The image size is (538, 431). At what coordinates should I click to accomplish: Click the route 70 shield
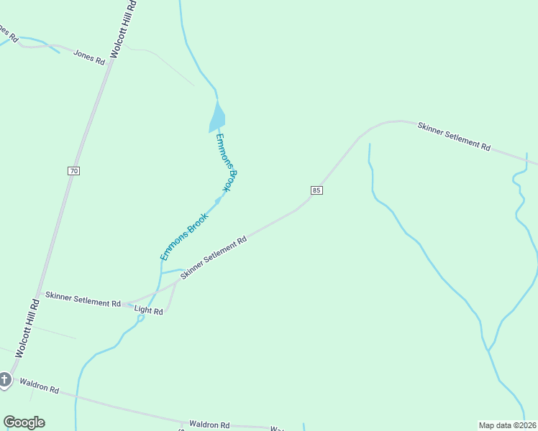[74, 171]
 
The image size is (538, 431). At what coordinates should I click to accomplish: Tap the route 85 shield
[317, 190]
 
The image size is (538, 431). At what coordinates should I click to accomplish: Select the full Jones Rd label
[89, 57]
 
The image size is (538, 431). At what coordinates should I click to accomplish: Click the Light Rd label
[149, 311]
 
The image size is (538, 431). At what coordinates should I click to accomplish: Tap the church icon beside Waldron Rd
[5, 379]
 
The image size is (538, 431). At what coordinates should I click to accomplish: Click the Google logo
[24, 422]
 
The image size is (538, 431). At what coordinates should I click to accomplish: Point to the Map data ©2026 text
[508, 425]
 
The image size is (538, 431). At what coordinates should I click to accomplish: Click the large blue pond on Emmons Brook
[217, 117]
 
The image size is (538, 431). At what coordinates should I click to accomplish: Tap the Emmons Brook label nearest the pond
[225, 162]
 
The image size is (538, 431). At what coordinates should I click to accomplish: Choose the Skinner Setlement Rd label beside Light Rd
[83, 299]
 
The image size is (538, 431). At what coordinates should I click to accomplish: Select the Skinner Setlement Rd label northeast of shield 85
[454, 136]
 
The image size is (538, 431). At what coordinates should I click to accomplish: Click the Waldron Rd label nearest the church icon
[39, 387]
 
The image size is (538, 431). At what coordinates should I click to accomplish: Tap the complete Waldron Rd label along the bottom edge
[209, 425]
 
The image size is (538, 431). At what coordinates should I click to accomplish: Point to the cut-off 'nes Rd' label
[7, 33]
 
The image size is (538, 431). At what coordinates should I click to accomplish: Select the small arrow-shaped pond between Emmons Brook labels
[218, 200]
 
